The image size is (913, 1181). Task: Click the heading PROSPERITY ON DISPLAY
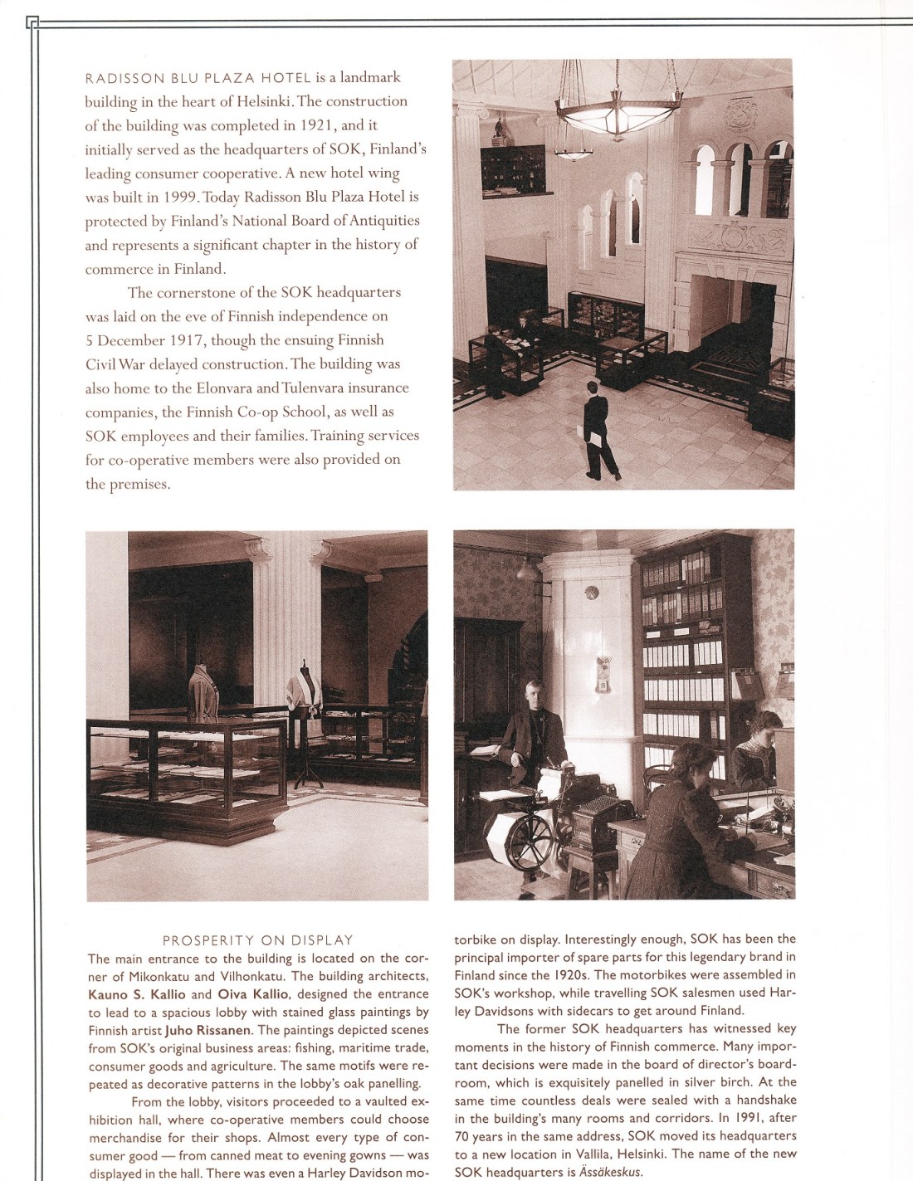click(257, 940)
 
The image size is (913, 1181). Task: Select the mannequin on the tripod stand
click(305, 697)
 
